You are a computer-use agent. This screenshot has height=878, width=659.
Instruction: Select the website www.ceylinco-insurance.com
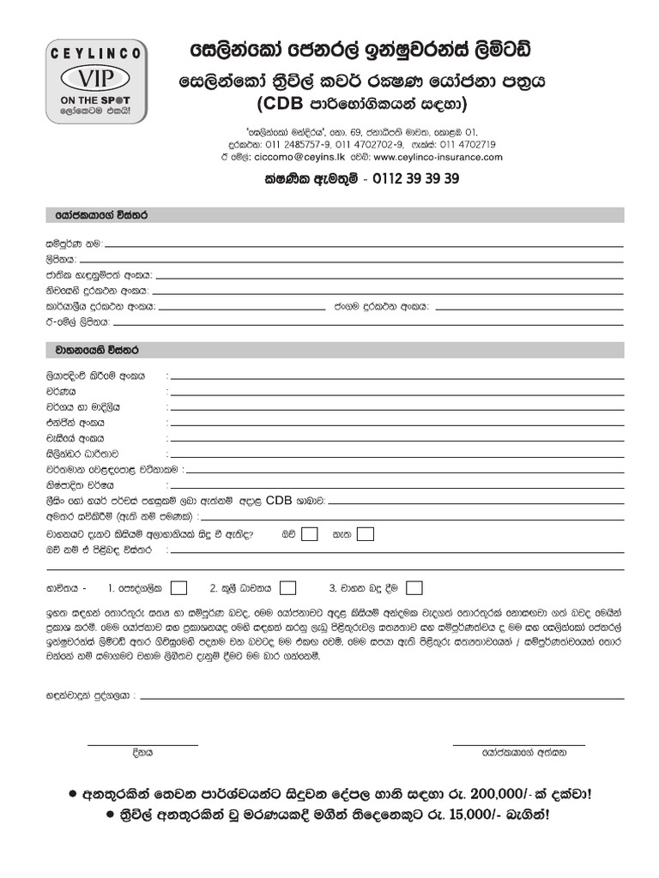(x=438, y=157)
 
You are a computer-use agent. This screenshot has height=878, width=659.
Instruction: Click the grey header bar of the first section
(x=335, y=214)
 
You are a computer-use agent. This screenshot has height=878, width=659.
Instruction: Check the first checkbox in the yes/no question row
(x=310, y=534)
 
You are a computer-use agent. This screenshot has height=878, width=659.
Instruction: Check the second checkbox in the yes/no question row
(x=365, y=534)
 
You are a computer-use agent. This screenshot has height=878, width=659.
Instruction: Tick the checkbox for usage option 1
(x=179, y=588)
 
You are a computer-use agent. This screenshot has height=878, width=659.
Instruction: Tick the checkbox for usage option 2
(x=288, y=588)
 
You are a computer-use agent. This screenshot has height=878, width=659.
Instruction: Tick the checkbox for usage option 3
(x=414, y=588)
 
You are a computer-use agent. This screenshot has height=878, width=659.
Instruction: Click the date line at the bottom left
(x=142, y=744)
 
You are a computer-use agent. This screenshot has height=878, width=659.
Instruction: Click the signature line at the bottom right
(x=518, y=744)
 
